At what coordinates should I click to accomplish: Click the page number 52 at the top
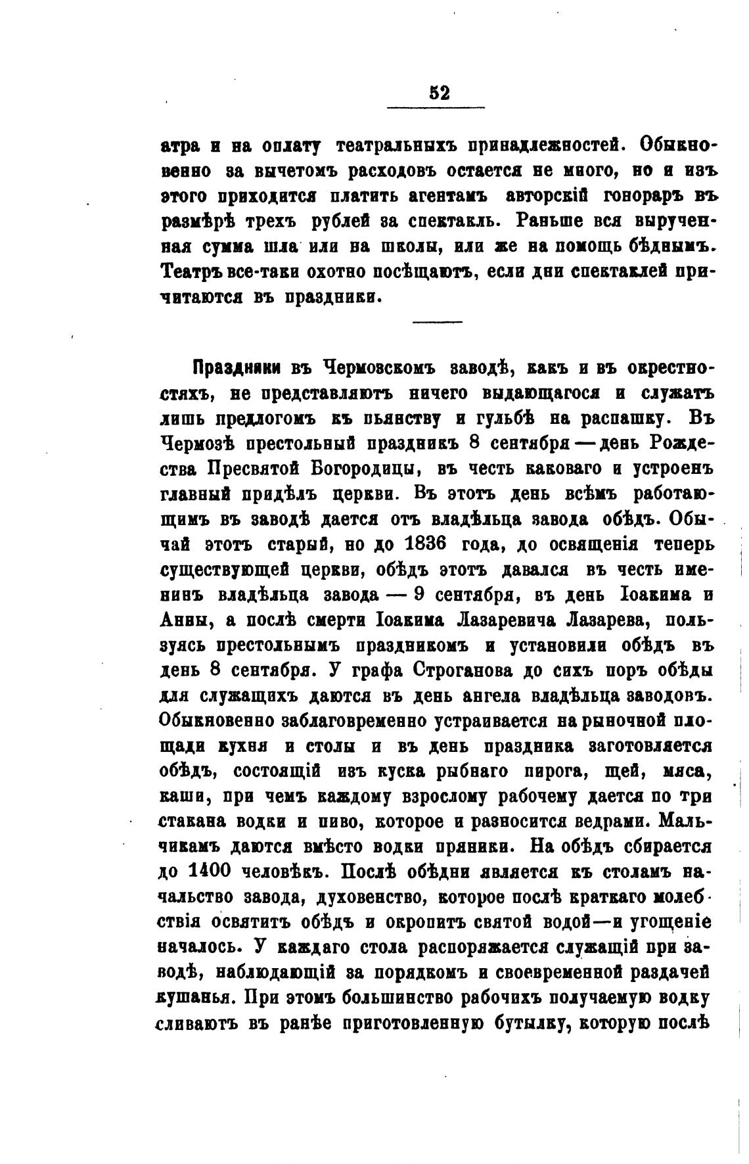(440, 93)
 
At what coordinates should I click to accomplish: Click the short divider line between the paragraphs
(437, 321)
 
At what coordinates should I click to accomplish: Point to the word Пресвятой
(250, 469)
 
